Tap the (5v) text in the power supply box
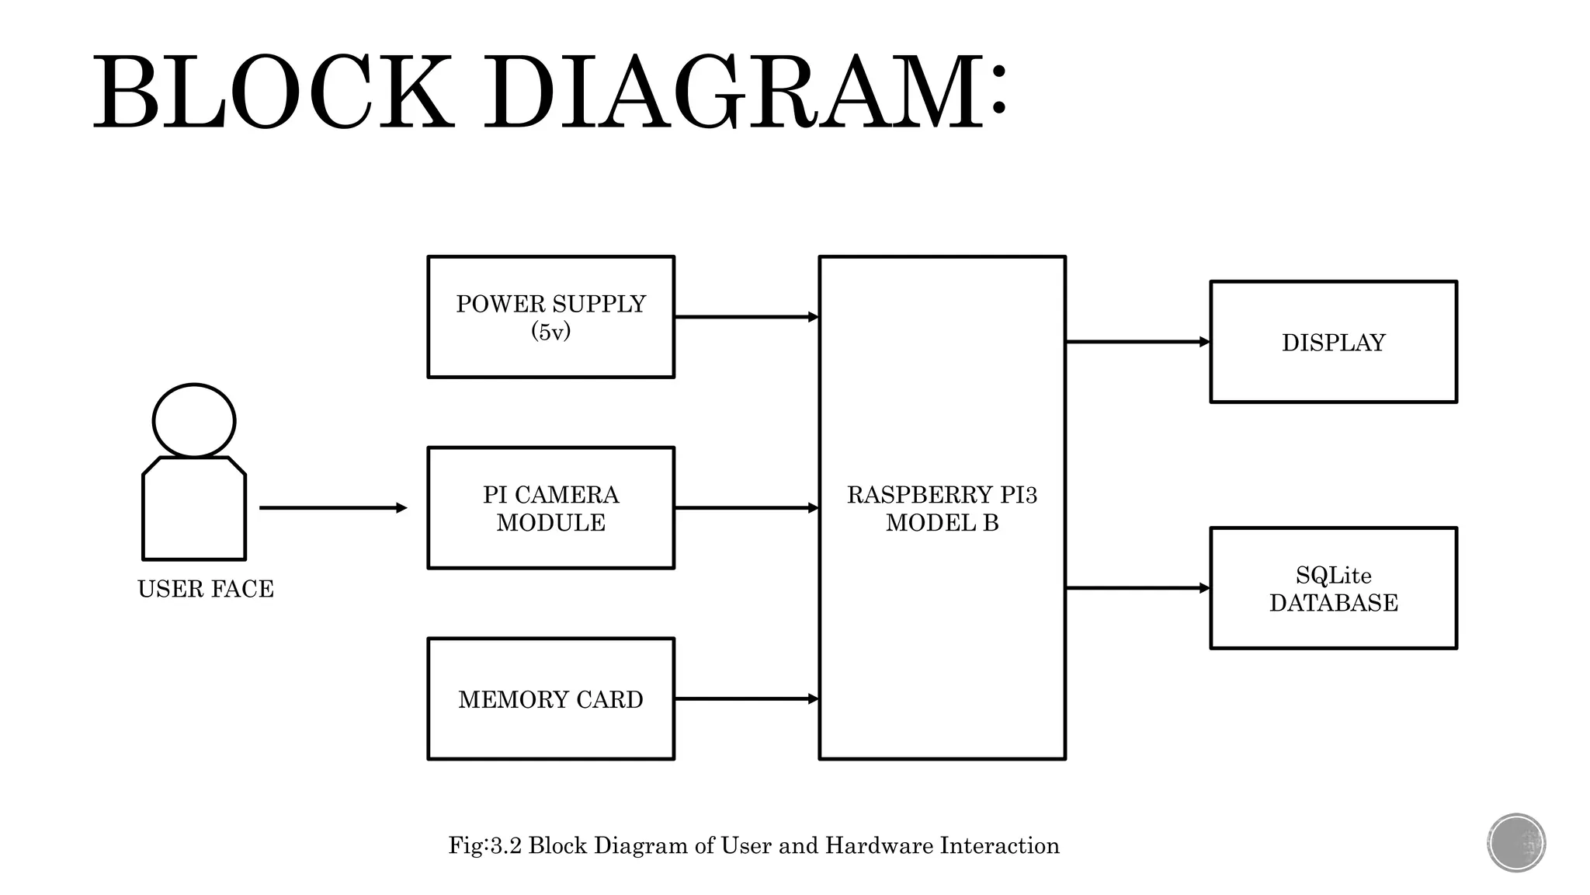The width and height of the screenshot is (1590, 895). click(550, 333)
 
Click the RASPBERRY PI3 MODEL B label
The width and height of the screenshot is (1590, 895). click(942, 508)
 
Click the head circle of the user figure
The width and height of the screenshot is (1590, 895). click(194, 420)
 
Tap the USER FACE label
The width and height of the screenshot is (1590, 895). click(206, 589)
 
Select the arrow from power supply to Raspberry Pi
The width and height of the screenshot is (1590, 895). click(746, 317)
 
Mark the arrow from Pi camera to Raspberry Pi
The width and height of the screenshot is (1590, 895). click(746, 508)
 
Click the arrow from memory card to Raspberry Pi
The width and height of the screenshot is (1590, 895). click(746, 699)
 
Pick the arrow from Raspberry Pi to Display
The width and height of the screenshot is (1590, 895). click(1137, 342)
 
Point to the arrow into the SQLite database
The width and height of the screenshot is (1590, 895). click(1137, 588)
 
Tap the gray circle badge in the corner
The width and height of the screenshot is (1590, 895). click(1516, 843)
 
